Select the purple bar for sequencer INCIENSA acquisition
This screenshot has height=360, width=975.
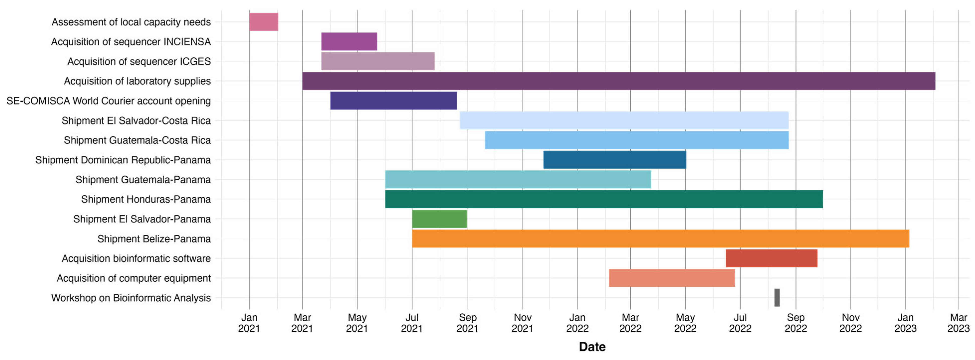tap(349, 42)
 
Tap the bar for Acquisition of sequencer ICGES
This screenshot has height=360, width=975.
tap(378, 61)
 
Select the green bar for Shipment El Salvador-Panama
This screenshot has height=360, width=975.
tap(439, 219)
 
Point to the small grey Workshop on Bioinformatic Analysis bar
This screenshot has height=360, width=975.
tap(777, 298)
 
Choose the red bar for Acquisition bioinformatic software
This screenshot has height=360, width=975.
tap(771, 258)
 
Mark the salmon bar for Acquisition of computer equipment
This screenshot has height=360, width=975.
tap(672, 278)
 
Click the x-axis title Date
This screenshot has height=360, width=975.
tap(592, 347)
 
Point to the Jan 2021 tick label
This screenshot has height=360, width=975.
tap(249, 323)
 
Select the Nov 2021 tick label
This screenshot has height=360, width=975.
tap(522, 323)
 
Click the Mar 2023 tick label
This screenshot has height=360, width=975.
tap(958, 323)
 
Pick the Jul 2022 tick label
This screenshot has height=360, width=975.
tap(740, 323)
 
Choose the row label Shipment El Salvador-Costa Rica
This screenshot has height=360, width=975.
tap(136, 121)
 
